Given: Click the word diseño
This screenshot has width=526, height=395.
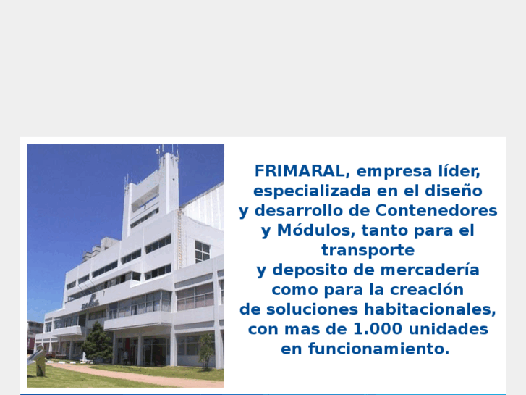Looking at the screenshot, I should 457,191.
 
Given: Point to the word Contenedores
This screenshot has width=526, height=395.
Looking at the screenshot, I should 436,211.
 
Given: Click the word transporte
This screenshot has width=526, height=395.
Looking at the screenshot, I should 368,250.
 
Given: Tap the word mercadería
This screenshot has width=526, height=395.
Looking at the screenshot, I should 436,270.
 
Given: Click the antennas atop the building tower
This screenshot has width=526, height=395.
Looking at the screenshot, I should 166,151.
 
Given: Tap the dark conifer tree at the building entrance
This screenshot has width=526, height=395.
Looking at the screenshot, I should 98,341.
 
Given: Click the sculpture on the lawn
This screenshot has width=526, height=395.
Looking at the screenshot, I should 37,359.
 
